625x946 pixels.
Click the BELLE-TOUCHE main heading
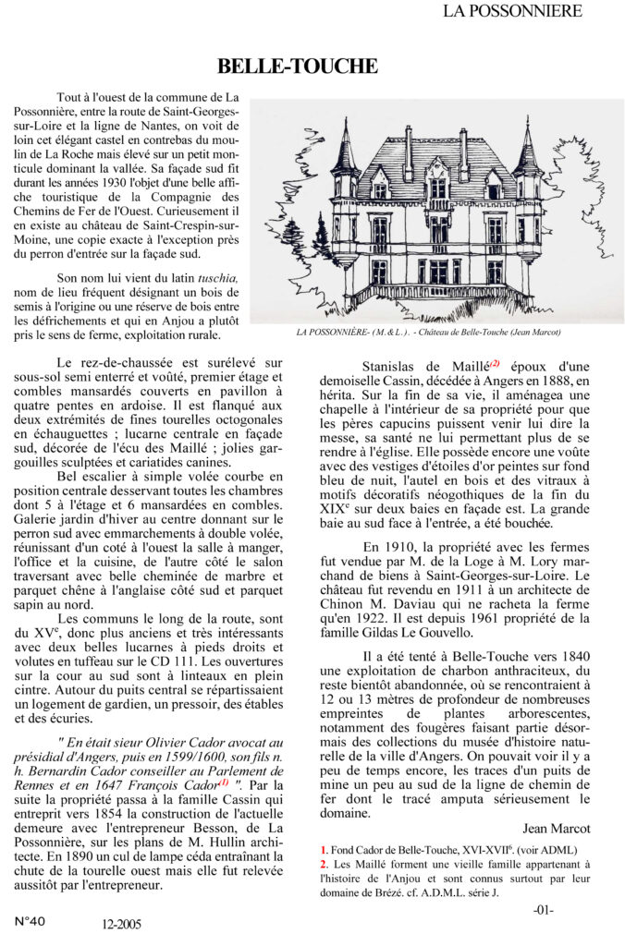point(298,66)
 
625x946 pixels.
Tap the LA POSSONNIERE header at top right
point(512,11)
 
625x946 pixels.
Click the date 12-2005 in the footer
point(122,922)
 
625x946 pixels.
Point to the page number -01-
point(543,909)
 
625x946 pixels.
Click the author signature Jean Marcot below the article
point(556,828)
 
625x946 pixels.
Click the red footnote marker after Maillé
point(495,362)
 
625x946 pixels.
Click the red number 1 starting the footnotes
point(324,849)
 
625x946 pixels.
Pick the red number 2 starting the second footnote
point(324,864)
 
